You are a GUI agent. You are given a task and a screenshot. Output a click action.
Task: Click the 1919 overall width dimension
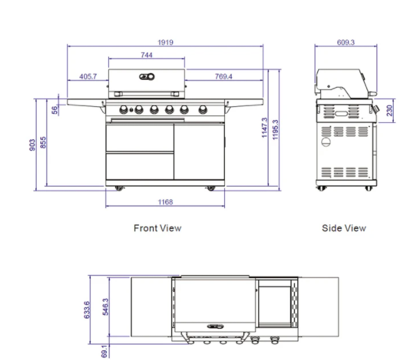pyautogui.click(x=165, y=42)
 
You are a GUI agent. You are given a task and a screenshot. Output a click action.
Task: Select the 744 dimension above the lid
pyautogui.click(x=147, y=55)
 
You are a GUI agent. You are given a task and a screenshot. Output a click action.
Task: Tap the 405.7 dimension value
pyautogui.click(x=88, y=76)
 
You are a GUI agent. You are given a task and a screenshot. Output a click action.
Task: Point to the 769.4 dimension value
pyautogui.click(x=224, y=76)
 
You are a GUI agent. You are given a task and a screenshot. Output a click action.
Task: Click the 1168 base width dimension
pyautogui.click(x=165, y=202)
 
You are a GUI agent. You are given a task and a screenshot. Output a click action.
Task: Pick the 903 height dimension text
pyautogui.click(x=33, y=144)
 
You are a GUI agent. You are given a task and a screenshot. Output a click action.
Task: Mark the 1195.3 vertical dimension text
pyautogui.click(x=276, y=128)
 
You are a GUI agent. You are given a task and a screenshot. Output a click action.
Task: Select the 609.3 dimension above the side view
pyautogui.click(x=346, y=42)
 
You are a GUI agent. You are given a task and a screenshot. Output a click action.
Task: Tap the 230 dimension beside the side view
pyautogui.click(x=390, y=111)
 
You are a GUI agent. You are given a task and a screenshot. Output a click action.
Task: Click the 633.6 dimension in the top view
pyautogui.click(x=86, y=309)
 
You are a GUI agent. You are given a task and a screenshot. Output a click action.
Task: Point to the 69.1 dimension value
pyautogui.click(x=104, y=352)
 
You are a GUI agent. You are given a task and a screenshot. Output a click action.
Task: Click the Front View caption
pyautogui.click(x=157, y=228)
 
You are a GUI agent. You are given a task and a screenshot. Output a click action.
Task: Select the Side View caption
pyautogui.click(x=344, y=228)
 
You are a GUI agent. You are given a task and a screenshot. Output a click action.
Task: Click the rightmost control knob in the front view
pyautogui.click(x=203, y=110)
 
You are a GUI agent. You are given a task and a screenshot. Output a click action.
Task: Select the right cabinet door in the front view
pyautogui.click(x=199, y=151)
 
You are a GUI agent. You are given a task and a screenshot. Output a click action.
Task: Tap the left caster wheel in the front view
pyautogui.click(x=117, y=189)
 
